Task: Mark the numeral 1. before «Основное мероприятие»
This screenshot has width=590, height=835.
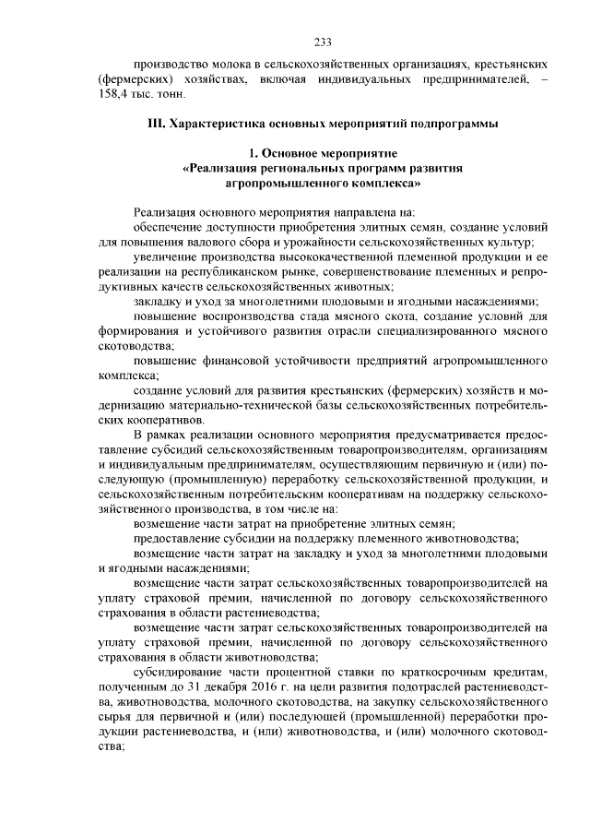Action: pyautogui.click(x=253, y=154)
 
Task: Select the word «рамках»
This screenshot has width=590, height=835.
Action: pyautogui.click(x=169, y=435)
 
